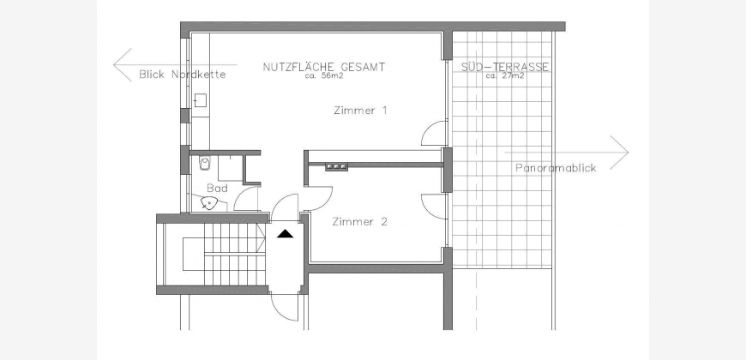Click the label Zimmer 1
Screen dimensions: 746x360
[360, 111]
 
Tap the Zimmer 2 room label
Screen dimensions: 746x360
[359, 222]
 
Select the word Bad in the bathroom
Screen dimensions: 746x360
[218, 189]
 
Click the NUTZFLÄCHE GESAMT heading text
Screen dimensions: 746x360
[324, 67]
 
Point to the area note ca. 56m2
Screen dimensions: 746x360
[324, 75]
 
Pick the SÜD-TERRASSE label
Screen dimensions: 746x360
[505, 67]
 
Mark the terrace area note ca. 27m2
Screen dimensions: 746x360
[505, 75]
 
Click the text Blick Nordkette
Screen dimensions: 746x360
[183, 75]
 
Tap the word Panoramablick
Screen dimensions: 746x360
[556, 168]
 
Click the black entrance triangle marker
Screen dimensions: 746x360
[286, 233]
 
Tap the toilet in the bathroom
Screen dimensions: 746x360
[205, 164]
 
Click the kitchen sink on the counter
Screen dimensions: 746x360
[201, 100]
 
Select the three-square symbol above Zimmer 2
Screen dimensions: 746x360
[336, 166]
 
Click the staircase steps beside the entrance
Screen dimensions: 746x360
[234, 255]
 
